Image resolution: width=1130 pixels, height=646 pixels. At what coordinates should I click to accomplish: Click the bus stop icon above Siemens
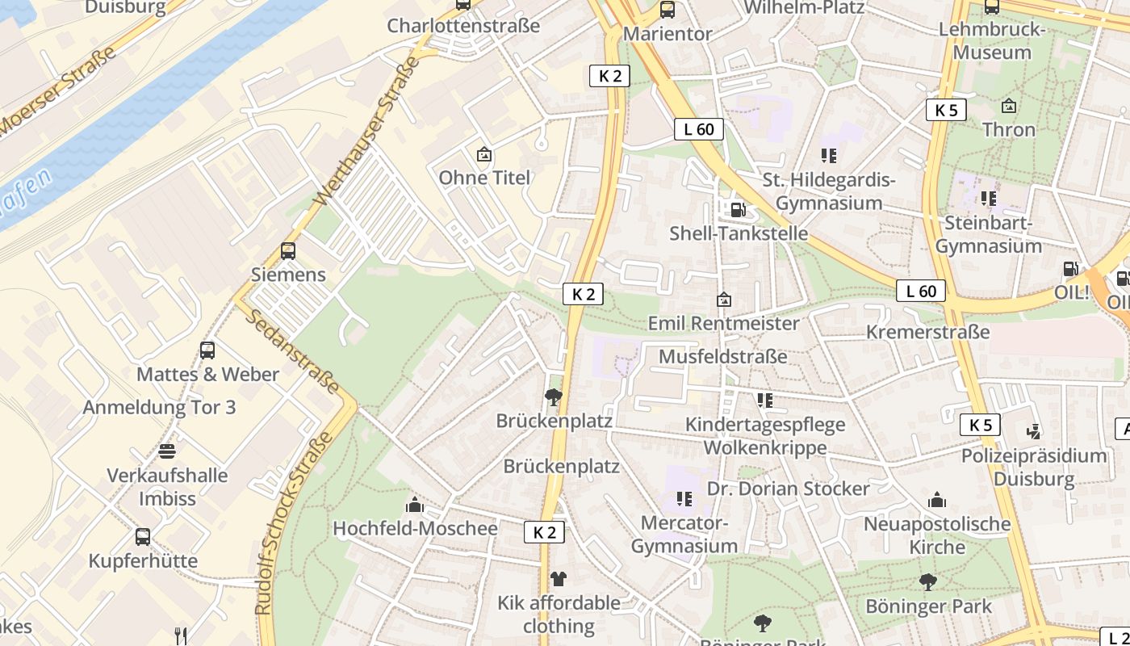pyautogui.click(x=288, y=250)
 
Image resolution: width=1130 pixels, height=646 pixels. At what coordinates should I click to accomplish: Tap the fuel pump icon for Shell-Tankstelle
pyautogui.click(x=738, y=210)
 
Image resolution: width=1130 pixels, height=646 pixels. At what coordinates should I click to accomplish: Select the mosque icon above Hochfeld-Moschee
pyautogui.click(x=415, y=505)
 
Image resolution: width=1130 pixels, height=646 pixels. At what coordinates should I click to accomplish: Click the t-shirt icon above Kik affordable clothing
pyautogui.click(x=558, y=578)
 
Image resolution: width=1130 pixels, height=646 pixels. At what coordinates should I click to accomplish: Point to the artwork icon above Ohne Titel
pyautogui.click(x=484, y=153)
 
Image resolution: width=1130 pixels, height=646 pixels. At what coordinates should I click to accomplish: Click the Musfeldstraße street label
pyautogui.click(x=723, y=356)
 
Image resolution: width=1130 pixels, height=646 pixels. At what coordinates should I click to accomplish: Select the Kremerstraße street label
pyautogui.click(x=927, y=332)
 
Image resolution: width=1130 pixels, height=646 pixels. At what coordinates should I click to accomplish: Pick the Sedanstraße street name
pyautogui.click(x=293, y=352)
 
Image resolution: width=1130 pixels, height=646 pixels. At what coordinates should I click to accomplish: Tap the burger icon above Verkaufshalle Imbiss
pyautogui.click(x=167, y=451)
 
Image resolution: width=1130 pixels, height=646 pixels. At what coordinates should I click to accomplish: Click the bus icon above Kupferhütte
pyautogui.click(x=143, y=536)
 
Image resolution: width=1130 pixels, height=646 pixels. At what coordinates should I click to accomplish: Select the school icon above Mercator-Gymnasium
pyautogui.click(x=684, y=499)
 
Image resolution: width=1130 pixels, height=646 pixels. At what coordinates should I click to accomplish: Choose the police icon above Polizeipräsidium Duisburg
pyautogui.click(x=1033, y=431)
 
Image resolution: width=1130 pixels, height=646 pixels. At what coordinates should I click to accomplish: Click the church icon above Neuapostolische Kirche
pyautogui.click(x=937, y=500)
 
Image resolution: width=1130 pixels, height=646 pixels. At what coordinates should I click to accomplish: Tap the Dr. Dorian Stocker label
pyautogui.click(x=788, y=489)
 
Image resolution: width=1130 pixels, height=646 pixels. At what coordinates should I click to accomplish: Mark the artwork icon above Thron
pyautogui.click(x=1008, y=106)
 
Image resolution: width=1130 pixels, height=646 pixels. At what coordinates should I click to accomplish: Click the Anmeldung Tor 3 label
pyautogui.click(x=160, y=407)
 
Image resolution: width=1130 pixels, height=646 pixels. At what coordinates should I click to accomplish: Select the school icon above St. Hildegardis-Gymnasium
pyautogui.click(x=828, y=155)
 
